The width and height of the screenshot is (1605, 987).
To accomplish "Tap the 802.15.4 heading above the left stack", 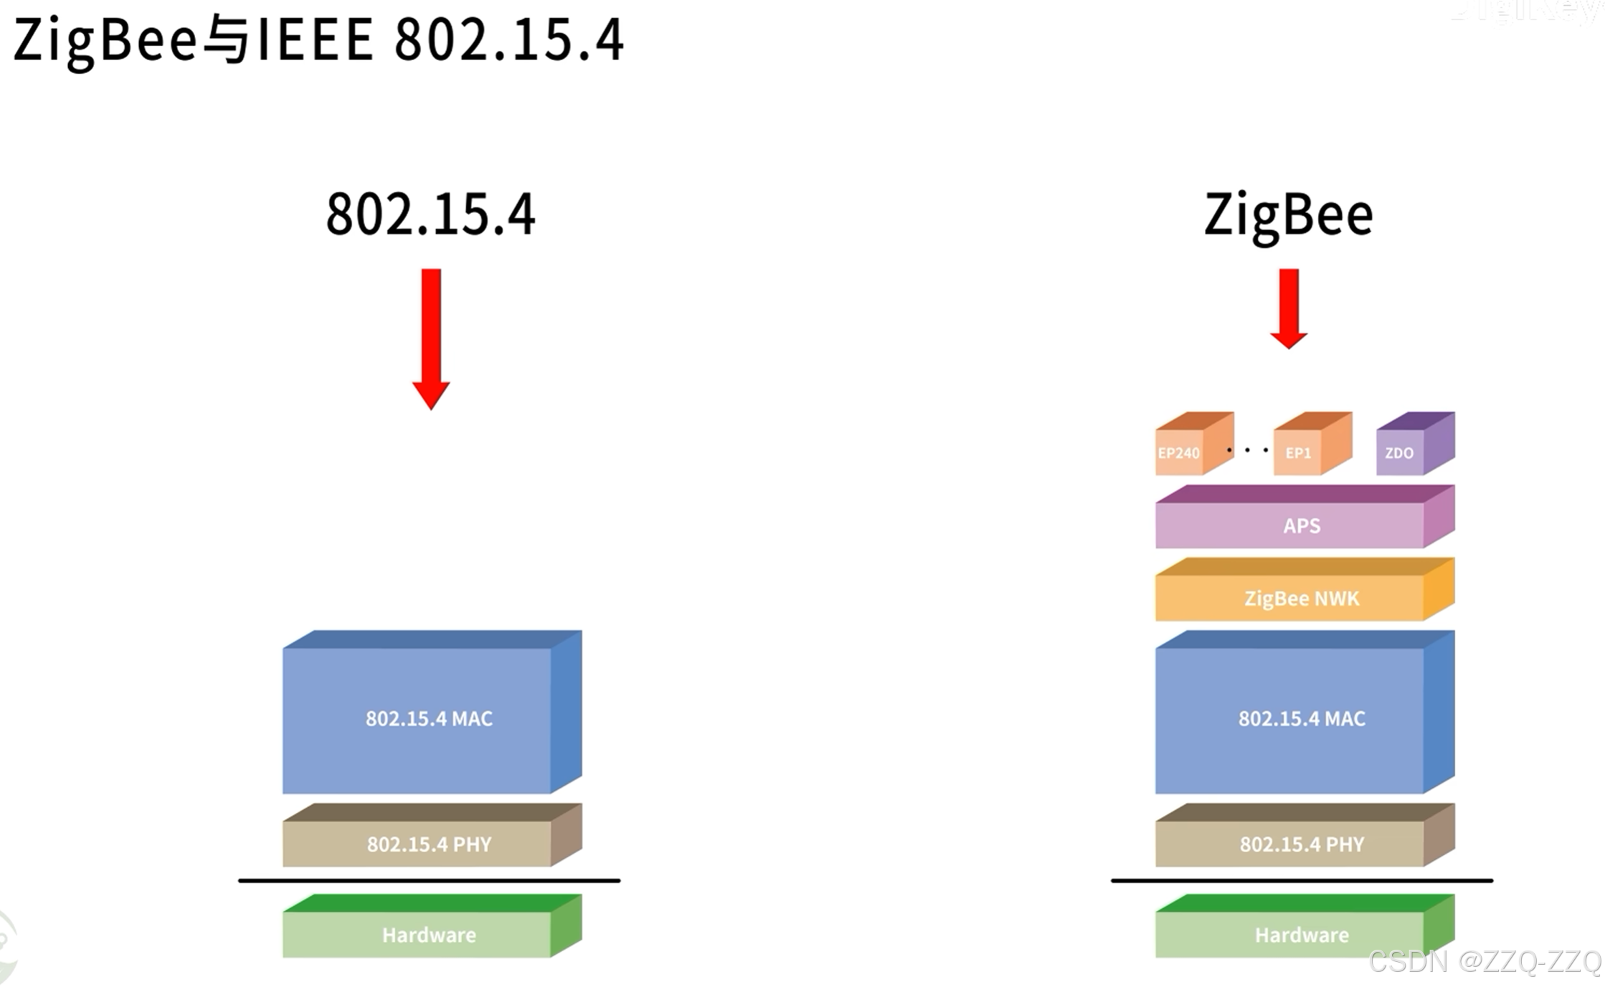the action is (430, 214).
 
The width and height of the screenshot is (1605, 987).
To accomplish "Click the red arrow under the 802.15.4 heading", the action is (431, 337).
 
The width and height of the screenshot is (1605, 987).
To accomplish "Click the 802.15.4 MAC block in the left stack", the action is (429, 718).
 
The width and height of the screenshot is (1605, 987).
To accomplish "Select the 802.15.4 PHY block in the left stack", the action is (429, 844).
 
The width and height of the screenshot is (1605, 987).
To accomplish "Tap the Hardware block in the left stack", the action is (429, 935).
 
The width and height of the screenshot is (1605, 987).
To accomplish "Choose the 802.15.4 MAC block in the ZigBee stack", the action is (1302, 718).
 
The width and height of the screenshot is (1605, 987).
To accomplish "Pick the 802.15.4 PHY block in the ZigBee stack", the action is (1302, 844).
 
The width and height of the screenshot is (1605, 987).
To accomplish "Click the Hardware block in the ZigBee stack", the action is (1302, 935).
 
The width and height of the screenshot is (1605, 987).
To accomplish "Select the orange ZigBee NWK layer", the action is (1302, 598).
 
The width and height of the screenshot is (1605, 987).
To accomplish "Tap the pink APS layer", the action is (1302, 525).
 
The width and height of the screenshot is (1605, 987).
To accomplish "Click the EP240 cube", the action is (1180, 452).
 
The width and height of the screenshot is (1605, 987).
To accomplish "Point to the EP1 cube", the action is (1298, 452).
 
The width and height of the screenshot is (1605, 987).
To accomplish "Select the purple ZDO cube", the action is (1400, 452).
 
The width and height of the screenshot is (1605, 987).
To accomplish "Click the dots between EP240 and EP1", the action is (1247, 450).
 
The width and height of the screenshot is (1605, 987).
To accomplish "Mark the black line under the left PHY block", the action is (429, 880).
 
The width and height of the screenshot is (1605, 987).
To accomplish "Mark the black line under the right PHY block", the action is (1302, 880).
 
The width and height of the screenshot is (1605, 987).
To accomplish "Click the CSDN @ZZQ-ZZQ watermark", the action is (1485, 961).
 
